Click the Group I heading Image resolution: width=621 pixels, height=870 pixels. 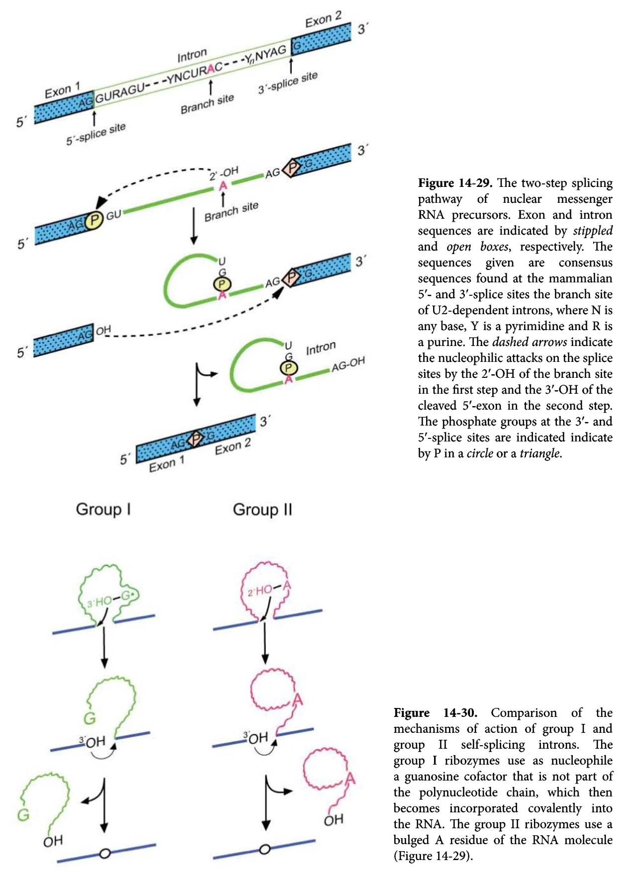click(103, 509)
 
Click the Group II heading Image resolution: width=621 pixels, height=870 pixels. click(263, 510)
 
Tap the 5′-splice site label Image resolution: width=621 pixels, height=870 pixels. click(96, 134)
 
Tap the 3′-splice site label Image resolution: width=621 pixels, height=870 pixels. click(287, 83)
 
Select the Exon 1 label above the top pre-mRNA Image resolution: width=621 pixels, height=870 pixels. click(62, 91)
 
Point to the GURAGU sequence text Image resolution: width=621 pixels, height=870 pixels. click(119, 92)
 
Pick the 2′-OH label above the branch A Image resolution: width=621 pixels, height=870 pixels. click(224, 174)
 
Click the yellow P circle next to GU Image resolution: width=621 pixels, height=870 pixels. click(93, 220)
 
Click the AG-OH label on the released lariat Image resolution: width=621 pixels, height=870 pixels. click(348, 364)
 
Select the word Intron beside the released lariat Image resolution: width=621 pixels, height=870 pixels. click(321, 348)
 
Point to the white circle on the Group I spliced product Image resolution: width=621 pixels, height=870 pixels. click(104, 854)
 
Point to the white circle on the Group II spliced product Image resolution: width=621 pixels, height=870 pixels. click(265, 849)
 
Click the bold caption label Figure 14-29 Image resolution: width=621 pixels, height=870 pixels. click(455, 183)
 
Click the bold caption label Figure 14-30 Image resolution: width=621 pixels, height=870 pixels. click(435, 713)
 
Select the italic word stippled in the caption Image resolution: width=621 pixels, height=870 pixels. click(593, 231)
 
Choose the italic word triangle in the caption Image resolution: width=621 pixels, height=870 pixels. click(540, 453)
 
